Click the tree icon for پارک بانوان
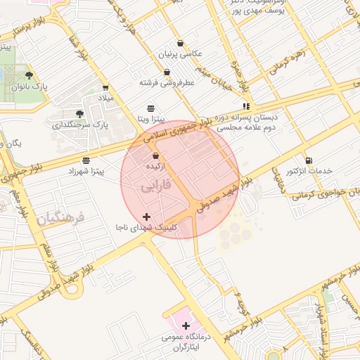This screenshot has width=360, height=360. click(29, 75)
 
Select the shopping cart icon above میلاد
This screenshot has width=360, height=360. click(105, 88)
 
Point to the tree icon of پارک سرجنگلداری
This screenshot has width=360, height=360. click(79, 114)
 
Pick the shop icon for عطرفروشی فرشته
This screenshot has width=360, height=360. click(167, 72)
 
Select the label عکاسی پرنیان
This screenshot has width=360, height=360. click(181, 53)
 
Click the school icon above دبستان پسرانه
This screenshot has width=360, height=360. click(246, 107)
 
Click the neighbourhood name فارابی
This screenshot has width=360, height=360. click(152, 188)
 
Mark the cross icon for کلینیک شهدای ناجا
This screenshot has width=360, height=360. click(146, 217)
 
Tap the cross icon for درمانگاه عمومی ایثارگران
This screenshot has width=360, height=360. click(186, 326)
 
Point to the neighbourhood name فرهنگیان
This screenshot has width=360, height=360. click(60, 219)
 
